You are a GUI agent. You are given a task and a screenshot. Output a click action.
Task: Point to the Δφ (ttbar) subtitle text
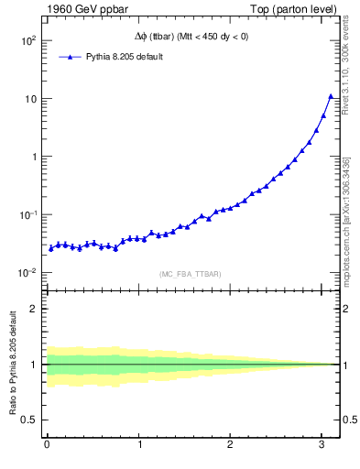click(x=190, y=36)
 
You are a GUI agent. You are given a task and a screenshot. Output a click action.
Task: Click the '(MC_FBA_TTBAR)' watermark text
click(x=191, y=273)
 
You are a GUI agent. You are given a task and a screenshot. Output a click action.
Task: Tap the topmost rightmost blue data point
click(x=331, y=96)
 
